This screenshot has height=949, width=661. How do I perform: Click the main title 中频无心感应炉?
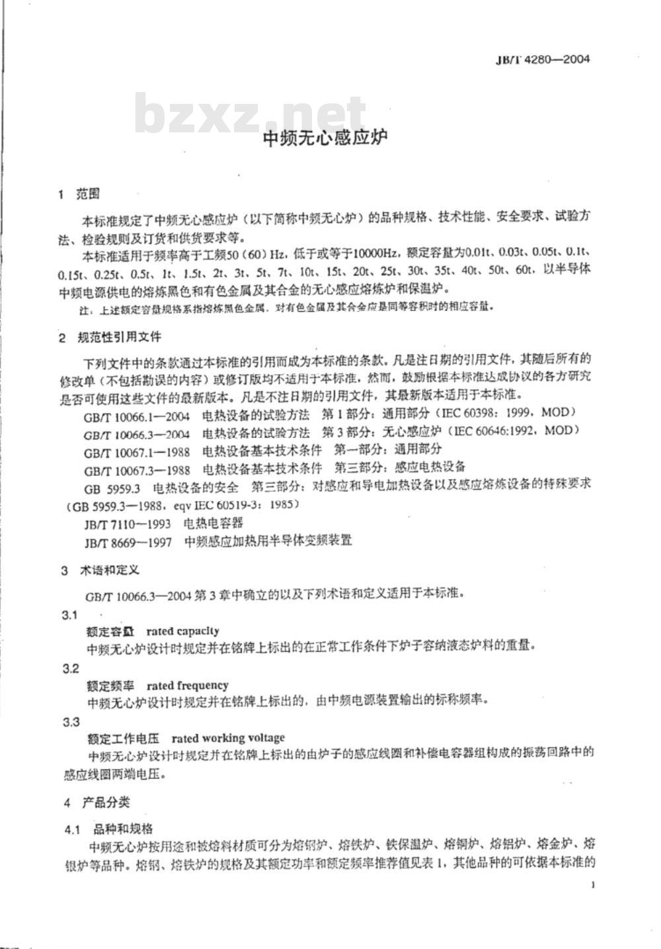point(325,138)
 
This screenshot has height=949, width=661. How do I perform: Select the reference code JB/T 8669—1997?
point(128,541)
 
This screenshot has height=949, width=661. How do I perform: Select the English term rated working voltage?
point(228,737)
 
